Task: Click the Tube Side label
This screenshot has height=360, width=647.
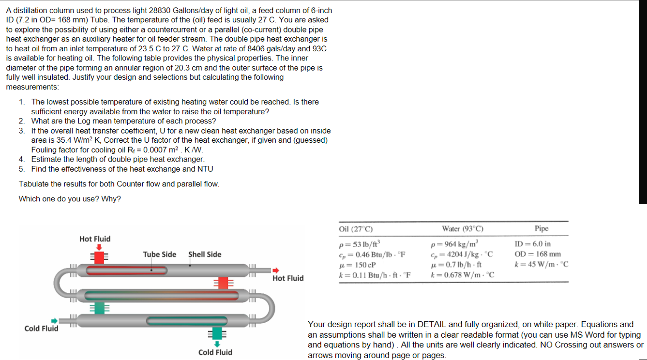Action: [159, 255]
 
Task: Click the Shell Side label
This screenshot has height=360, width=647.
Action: [205, 255]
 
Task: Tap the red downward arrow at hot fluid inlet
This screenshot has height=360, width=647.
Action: [99, 247]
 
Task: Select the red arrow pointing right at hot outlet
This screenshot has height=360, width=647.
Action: [276, 270]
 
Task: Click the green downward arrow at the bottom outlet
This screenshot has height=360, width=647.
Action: [216, 344]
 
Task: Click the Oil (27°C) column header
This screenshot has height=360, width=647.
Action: [356, 229]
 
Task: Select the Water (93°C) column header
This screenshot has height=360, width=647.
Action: [463, 229]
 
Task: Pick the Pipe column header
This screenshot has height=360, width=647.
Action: [541, 228]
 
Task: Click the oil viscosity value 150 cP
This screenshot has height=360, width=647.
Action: [358, 265]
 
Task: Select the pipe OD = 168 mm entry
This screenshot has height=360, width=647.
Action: [538, 254]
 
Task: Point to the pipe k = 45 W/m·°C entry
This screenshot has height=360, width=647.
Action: [541, 264]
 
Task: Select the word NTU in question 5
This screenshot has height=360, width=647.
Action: [205, 169]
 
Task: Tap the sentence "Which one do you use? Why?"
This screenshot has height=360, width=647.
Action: [70, 199]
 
